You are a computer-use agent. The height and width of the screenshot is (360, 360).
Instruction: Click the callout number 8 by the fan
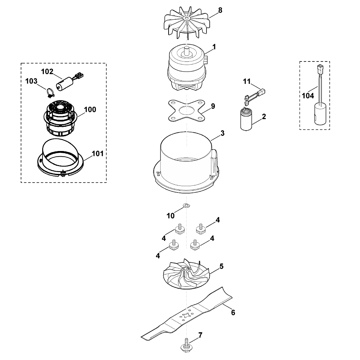220,10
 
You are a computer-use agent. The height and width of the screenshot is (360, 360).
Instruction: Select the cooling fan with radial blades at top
187,25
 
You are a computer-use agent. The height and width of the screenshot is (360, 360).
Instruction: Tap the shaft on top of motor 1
186,51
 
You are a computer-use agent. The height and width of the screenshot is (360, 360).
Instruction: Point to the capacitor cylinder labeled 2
246,120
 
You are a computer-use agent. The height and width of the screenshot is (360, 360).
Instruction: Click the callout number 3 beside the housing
222,133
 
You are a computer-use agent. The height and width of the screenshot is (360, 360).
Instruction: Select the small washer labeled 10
186,205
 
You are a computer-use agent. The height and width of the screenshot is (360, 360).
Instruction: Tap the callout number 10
171,216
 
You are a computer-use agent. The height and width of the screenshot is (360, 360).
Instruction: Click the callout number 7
201,335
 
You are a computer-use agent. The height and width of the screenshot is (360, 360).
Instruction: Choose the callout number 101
98,153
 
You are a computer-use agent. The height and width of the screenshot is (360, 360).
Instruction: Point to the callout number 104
308,96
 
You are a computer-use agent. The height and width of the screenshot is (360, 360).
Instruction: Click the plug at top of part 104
319,67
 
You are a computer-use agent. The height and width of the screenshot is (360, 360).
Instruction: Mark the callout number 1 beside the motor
214,47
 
